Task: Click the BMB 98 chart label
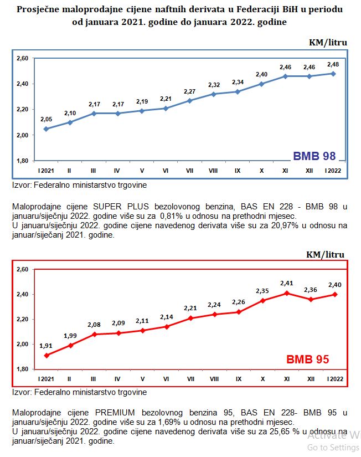click(x=314, y=156)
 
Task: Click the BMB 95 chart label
click(x=307, y=359)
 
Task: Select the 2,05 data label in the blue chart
click(x=45, y=119)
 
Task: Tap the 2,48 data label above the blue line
click(x=333, y=64)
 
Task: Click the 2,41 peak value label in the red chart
click(x=286, y=283)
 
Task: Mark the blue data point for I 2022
click(x=333, y=73)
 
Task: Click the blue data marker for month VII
click(x=190, y=100)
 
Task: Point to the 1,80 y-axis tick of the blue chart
click(x=22, y=161)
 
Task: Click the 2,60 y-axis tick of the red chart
click(x=22, y=269)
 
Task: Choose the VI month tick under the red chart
click(x=166, y=379)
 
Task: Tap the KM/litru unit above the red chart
click(x=327, y=254)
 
